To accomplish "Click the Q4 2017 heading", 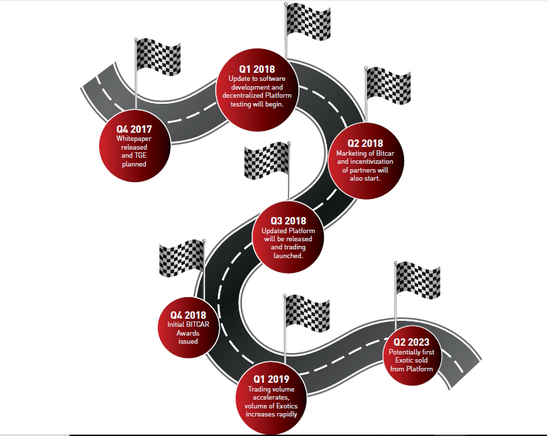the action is click(134, 129).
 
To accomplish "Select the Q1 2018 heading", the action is click(257, 69).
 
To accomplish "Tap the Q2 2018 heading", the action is click(366, 144).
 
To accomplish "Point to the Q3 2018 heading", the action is click(288, 221).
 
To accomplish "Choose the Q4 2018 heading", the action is click(188, 315).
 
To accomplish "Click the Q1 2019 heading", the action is click(271, 379).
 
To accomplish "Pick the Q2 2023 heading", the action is click(411, 342).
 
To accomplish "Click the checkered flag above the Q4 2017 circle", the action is click(158, 57).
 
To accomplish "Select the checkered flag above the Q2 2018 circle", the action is click(388, 86).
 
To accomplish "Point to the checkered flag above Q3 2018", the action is click(267, 160).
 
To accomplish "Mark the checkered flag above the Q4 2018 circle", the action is click(182, 258).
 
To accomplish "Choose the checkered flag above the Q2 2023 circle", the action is click(418, 280).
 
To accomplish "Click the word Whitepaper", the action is click(134, 139).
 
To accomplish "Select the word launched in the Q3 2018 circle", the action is click(288, 255).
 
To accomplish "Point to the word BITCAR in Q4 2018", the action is click(198, 325).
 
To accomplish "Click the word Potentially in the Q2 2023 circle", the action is click(402, 352).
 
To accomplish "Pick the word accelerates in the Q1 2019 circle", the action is click(271, 398).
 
